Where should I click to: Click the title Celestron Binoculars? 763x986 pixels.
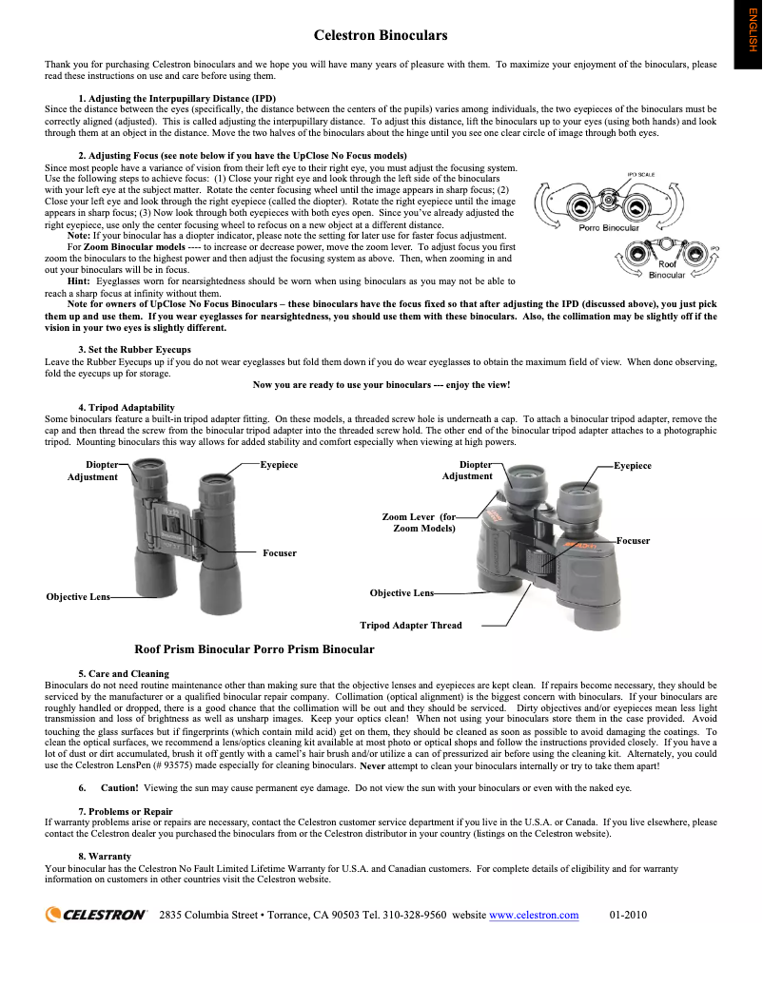point(381,36)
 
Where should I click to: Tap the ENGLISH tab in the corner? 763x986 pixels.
point(748,35)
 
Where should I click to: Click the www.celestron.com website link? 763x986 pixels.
point(533,915)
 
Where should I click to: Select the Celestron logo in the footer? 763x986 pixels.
point(96,915)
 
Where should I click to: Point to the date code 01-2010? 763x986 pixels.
point(628,915)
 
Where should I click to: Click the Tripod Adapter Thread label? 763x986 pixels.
point(410,626)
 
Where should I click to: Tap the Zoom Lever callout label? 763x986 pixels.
point(419,522)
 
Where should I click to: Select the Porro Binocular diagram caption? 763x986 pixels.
point(610,228)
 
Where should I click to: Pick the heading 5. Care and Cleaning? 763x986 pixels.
point(124,673)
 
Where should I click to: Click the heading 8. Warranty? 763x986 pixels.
point(105,857)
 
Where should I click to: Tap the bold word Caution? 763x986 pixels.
point(120,787)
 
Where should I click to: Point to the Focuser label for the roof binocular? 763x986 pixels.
point(279,552)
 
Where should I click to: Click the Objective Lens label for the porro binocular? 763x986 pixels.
point(401,593)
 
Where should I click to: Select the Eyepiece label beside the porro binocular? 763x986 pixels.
point(633,466)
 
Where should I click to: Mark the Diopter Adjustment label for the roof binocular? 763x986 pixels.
point(92,471)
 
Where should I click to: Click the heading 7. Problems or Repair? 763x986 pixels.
point(126,811)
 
